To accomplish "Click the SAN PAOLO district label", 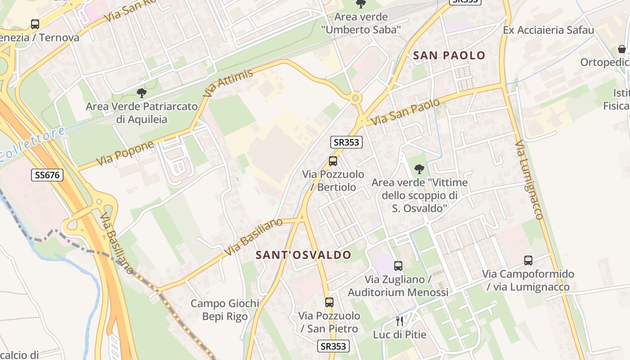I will (x=449, y=55).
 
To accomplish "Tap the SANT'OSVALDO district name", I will (x=303, y=255).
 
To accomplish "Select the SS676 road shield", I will (x=47, y=175).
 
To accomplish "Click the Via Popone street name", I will (x=125, y=153).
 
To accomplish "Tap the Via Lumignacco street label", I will (x=529, y=180).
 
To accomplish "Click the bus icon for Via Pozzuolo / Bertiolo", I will (x=333, y=161).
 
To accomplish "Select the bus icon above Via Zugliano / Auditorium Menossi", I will (x=398, y=266).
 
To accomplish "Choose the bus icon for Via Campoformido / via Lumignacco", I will (x=528, y=261).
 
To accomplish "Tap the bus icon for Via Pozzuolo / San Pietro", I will (x=329, y=302).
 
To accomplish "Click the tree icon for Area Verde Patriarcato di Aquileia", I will (x=142, y=93).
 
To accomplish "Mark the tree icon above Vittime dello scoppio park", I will (x=419, y=169).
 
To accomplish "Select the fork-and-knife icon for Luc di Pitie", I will (x=399, y=321).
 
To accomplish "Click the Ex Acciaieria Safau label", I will (x=549, y=30).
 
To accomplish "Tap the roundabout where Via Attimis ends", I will (x=355, y=97).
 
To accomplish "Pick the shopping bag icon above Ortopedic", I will (x=622, y=49).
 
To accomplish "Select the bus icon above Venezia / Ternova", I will (x=35, y=24).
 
